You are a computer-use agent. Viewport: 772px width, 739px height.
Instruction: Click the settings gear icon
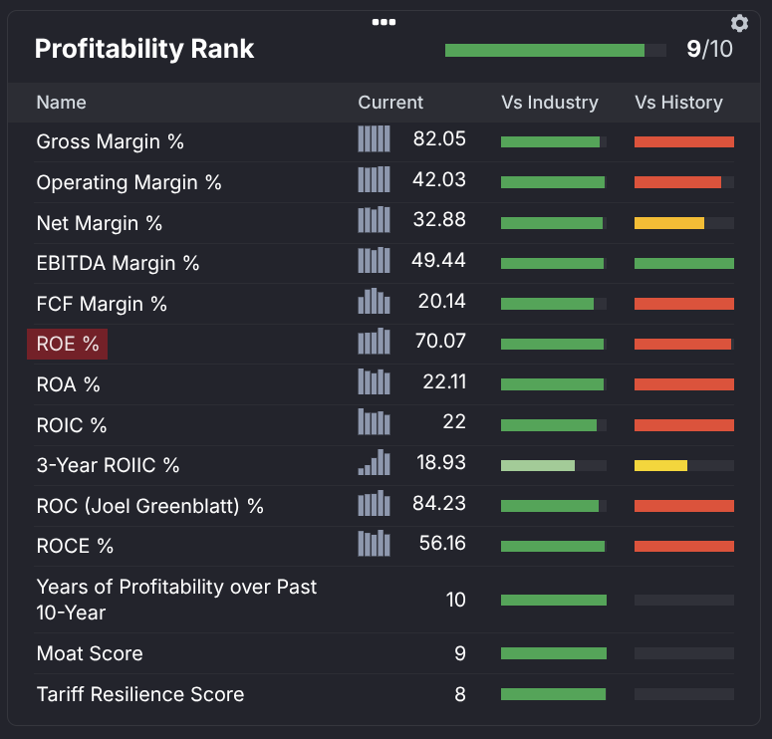tap(739, 23)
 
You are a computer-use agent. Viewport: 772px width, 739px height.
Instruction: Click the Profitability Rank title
tap(144, 49)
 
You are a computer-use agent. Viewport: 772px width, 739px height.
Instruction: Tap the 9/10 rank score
tap(709, 49)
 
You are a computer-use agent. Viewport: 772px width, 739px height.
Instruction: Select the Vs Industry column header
tap(550, 103)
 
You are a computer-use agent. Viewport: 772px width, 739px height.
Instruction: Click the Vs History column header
tap(678, 103)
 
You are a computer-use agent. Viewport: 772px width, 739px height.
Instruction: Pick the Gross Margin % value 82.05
tap(439, 138)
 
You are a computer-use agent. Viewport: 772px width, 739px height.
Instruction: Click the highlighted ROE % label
tap(68, 344)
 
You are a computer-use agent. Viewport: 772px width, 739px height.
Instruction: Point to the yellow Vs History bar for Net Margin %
tap(669, 223)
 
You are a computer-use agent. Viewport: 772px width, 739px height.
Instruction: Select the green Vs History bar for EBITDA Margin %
tap(684, 263)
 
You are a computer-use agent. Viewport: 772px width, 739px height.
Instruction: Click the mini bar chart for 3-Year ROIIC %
tap(374, 463)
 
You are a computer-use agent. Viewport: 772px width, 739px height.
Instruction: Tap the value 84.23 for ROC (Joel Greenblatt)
tap(439, 503)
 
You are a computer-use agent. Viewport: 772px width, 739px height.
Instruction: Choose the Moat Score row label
tap(90, 653)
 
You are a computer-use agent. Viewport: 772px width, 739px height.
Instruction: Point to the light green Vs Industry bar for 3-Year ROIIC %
tap(538, 465)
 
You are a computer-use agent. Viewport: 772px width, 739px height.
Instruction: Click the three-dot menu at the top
tap(385, 21)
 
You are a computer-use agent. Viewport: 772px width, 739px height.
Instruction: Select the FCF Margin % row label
tap(102, 304)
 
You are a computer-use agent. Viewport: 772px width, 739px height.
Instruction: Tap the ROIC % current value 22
tap(454, 422)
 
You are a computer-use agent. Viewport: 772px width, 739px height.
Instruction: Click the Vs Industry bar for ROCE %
tap(553, 546)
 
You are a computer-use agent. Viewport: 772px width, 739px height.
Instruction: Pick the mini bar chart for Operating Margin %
tap(374, 179)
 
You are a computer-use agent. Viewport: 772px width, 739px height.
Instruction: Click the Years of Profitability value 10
tap(455, 600)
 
